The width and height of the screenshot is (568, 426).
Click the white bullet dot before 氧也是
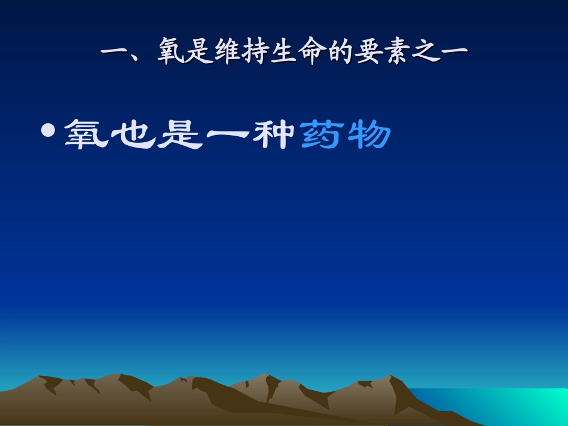click(50, 130)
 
